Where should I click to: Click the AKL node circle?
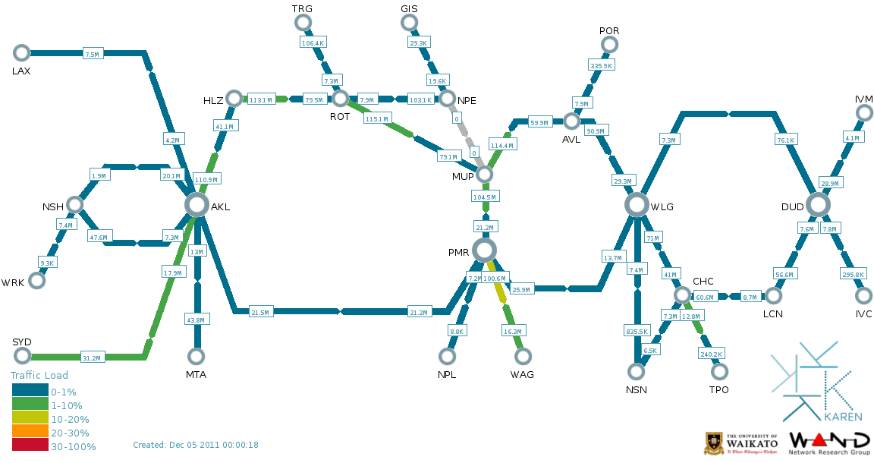(196, 204)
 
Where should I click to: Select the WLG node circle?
(637, 204)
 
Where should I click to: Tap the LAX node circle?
(21, 52)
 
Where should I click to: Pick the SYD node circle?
(21, 356)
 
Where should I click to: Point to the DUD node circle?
(818, 204)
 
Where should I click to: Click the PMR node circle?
(484, 250)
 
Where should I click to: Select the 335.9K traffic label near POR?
(601, 66)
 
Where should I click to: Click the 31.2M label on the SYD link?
(92, 357)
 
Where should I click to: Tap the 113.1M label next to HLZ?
(260, 99)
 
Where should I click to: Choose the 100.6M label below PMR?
(495, 279)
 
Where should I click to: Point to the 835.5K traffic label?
(637, 331)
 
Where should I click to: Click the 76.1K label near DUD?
(785, 140)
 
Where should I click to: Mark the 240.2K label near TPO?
(711, 354)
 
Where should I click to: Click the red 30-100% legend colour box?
(30, 446)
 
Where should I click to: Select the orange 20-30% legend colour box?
(30, 433)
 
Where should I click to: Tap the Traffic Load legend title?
(39, 375)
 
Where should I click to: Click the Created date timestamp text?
(196, 445)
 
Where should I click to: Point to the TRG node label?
(302, 8)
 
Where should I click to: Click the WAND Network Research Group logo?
(830, 444)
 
